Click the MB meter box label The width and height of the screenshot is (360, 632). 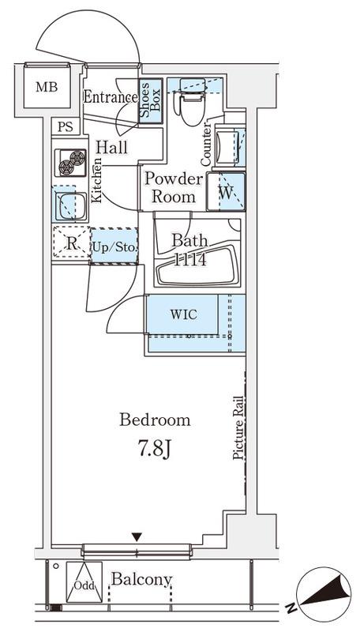coord(47,87)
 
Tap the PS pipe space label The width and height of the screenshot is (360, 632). coord(66,127)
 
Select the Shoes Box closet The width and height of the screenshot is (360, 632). coord(151,101)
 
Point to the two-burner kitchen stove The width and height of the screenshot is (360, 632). coord(70,163)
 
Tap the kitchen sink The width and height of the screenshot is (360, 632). coord(71,205)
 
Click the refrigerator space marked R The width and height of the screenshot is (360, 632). coord(71,243)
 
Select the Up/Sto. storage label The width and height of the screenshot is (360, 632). coord(114,246)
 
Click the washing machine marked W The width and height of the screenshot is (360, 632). coord(226,191)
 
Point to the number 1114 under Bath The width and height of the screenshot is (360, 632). coord(189,260)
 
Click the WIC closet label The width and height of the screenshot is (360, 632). coord(184,314)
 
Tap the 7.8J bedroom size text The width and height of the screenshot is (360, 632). coord(156,450)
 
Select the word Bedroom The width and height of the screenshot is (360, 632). coord(155,420)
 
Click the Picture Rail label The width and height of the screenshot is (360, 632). coord(238,428)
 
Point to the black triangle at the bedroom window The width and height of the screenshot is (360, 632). coord(137,537)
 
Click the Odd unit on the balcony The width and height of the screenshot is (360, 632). coord(84,582)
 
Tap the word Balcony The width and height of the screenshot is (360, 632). coord(142,581)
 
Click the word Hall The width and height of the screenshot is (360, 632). coord(111,147)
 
